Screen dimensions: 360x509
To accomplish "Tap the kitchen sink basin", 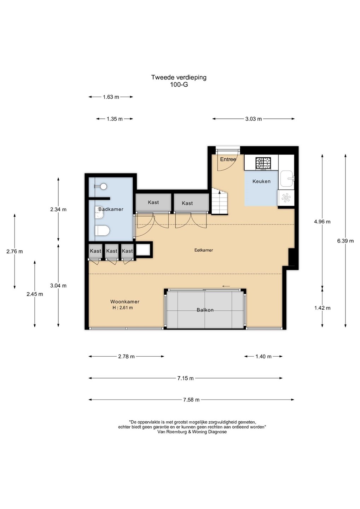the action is pyautogui.click(x=287, y=179).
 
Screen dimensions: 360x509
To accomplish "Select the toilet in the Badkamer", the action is pyautogui.click(x=102, y=230).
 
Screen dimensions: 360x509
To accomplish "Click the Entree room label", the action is pyautogui.click(x=228, y=159).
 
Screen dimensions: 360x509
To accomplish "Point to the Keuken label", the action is pyautogui.click(x=261, y=181).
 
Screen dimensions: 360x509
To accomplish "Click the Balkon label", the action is pyautogui.click(x=205, y=310).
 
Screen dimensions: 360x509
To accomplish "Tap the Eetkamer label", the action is pyautogui.click(x=204, y=250).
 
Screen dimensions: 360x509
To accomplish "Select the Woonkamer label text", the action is pyautogui.click(x=125, y=302).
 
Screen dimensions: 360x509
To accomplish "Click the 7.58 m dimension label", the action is pyautogui.click(x=191, y=400).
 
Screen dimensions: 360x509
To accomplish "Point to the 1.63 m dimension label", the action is pyautogui.click(x=111, y=97).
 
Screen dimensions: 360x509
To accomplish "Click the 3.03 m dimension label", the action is pyautogui.click(x=254, y=119).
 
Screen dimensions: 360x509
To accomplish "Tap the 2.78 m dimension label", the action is pyautogui.click(x=126, y=357).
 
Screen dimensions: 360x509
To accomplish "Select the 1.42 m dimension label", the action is pyautogui.click(x=322, y=308).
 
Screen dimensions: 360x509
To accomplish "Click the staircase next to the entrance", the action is pyautogui.click(x=220, y=201).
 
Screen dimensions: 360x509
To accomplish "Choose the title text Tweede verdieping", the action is pyautogui.click(x=179, y=77).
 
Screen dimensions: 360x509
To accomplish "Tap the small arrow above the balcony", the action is pyautogui.click(x=226, y=286).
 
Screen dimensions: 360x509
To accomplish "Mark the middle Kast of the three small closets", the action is pyautogui.click(x=112, y=251).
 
